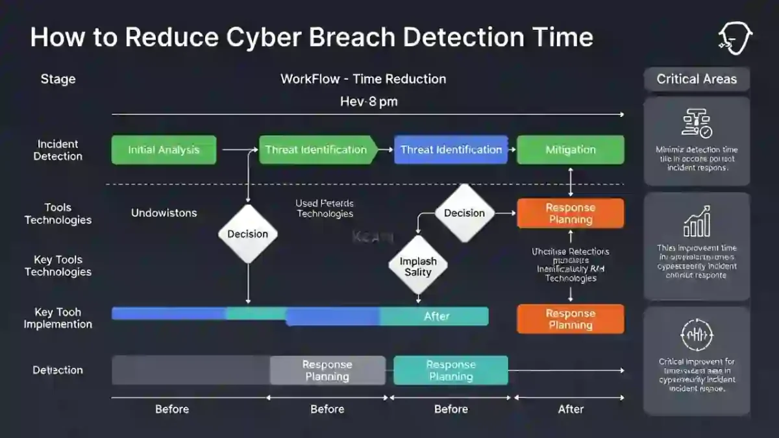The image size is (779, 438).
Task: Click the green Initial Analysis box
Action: click(x=164, y=150)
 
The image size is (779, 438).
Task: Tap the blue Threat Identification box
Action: click(x=451, y=150)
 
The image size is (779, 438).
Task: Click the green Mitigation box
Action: click(x=570, y=150)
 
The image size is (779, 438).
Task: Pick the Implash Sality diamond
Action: click(x=418, y=266)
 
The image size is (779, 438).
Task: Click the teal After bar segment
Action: click(x=436, y=316)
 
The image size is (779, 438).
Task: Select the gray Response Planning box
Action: click(x=327, y=371)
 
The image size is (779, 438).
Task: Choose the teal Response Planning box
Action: click(x=451, y=371)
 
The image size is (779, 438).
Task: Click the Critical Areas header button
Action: click(x=697, y=79)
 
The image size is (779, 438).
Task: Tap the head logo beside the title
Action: click(x=735, y=38)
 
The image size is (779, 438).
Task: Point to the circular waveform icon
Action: click(x=697, y=335)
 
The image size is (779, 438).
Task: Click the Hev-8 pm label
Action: click(x=369, y=102)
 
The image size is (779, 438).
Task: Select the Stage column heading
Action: click(x=58, y=79)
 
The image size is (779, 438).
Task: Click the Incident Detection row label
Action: click(x=58, y=150)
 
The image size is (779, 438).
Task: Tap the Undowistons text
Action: click(x=164, y=213)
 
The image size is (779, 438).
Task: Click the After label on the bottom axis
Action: click(x=571, y=409)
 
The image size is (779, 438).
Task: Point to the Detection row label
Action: click(x=58, y=370)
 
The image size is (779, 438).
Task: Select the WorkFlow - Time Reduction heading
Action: click(x=363, y=79)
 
